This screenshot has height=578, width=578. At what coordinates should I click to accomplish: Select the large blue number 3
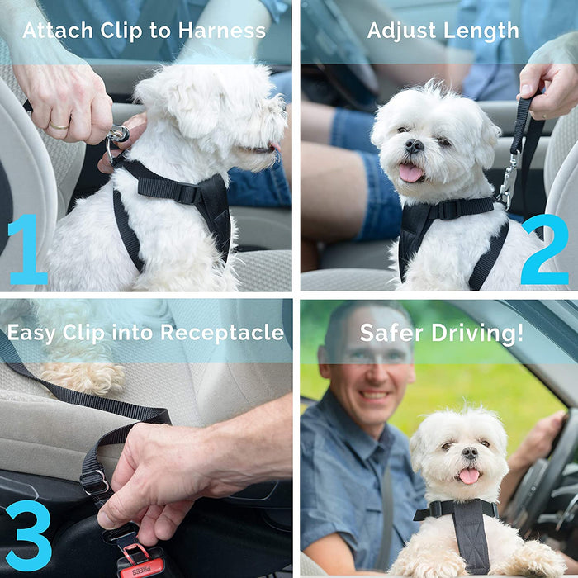(x=27, y=535)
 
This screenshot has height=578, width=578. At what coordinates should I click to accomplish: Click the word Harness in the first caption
(x=224, y=31)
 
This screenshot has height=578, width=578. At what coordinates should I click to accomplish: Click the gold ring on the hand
(x=59, y=126)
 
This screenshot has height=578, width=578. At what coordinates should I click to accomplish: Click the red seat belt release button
(x=136, y=554)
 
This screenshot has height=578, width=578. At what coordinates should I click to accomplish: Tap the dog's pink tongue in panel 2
(x=410, y=173)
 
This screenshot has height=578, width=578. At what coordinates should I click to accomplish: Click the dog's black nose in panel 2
(x=414, y=146)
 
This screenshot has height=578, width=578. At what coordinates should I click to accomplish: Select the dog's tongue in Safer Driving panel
(x=468, y=476)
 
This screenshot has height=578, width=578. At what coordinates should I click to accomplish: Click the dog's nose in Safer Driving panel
(x=469, y=453)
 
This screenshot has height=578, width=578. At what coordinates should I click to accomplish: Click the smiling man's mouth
(x=374, y=395)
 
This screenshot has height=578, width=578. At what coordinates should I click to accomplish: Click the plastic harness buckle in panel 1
(x=187, y=193)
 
